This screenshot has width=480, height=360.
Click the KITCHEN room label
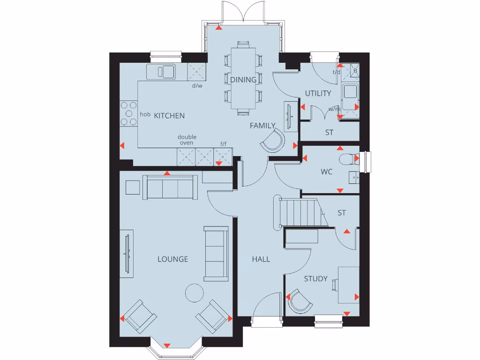click(x=169, y=116)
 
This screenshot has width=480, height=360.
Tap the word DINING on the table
click(x=243, y=80)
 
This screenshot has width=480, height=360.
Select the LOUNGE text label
click(x=172, y=259)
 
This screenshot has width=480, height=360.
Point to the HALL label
click(x=261, y=259)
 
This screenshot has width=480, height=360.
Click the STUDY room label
click(x=315, y=279)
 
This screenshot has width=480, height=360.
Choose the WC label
click(x=327, y=172)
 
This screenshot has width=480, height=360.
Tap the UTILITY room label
click(x=318, y=93)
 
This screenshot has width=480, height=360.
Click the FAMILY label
click(x=262, y=126)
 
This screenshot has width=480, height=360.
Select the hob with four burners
click(x=128, y=113)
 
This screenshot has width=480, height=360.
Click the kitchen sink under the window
click(x=161, y=72)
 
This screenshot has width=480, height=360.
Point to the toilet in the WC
click(x=348, y=159)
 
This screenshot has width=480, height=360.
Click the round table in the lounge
click(x=195, y=293)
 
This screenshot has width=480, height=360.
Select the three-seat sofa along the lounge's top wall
click(x=170, y=187)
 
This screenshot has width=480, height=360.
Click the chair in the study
click(x=300, y=301)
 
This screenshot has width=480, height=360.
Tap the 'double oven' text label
click(x=187, y=140)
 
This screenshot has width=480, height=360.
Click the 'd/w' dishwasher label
click(x=197, y=86)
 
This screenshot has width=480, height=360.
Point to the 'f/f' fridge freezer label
click(x=224, y=144)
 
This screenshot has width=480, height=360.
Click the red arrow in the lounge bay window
click(x=166, y=345)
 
